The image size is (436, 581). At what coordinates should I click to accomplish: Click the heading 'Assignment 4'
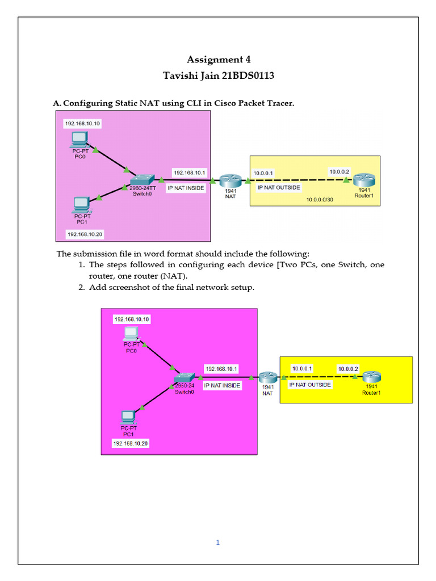pyautogui.click(x=219, y=60)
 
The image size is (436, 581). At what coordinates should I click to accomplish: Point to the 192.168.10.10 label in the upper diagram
pyautogui.click(x=83, y=123)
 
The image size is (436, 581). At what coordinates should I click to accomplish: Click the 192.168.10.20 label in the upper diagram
pyautogui.click(x=85, y=234)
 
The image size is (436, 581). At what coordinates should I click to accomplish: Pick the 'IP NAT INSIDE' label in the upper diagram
pyautogui.click(x=186, y=188)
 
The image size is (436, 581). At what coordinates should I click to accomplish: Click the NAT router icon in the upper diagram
pyautogui.click(x=230, y=180)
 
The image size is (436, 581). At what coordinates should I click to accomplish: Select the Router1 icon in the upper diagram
pyautogui.click(x=363, y=180)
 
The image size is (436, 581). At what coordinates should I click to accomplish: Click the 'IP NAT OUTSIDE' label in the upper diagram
pyautogui.click(x=279, y=187)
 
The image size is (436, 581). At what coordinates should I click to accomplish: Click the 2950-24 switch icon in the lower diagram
pyautogui.click(x=185, y=378)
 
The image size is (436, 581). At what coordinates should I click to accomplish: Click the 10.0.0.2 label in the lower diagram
pyautogui.click(x=348, y=369)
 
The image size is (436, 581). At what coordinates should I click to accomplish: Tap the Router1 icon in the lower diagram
pyautogui.click(x=371, y=376)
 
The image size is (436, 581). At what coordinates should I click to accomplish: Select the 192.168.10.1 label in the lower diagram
pyautogui.click(x=221, y=369)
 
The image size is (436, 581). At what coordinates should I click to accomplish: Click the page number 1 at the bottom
pyautogui.click(x=217, y=542)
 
